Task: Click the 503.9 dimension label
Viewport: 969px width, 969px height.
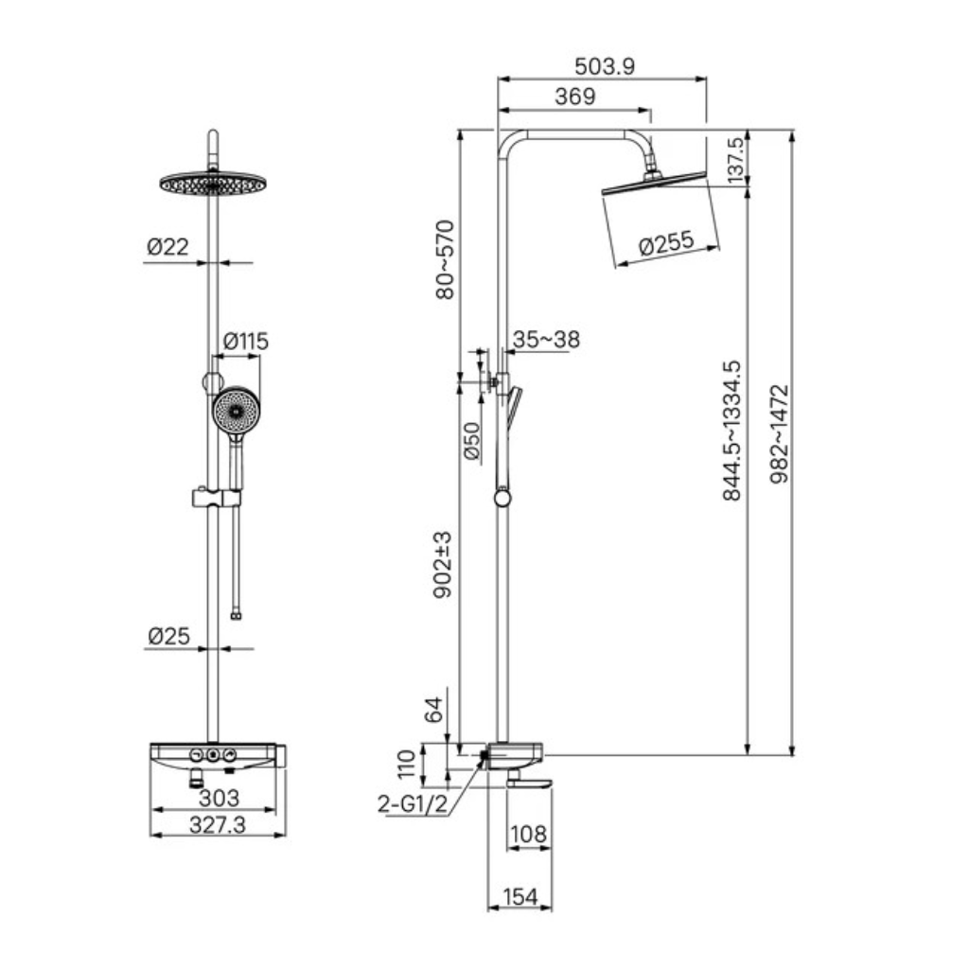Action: click(x=605, y=66)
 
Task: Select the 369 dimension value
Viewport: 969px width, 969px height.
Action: click(x=574, y=97)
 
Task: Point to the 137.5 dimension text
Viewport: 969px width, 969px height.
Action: click(x=735, y=160)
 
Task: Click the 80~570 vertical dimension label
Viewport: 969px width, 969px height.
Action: click(x=445, y=259)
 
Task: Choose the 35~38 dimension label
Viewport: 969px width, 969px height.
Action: click(x=546, y=340)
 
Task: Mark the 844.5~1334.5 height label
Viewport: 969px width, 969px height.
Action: click(x=731, y=431)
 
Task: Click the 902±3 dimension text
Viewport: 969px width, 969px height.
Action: click(x=443, y=565)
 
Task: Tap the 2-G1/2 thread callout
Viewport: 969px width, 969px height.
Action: click(x=413, y=804)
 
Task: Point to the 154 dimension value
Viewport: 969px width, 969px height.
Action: click(x=520, y=897)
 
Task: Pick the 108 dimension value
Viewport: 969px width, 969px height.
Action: click(x=528, y=835)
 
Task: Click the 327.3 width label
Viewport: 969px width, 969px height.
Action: click(x=218, y=825)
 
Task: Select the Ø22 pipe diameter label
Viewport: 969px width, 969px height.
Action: click(x=167, y=247)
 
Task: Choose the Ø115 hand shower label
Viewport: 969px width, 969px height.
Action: click(x=245, y=341)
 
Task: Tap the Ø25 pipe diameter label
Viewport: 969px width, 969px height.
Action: click(x=168, y=636)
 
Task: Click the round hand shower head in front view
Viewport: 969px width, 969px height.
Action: click(x=236, y=411)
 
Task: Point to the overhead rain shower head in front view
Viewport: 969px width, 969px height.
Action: click(x=213, y=184)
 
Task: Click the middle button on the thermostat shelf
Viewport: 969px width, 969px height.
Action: click(x=213, y=755)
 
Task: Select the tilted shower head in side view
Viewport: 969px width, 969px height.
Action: click(x=654, y=183)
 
